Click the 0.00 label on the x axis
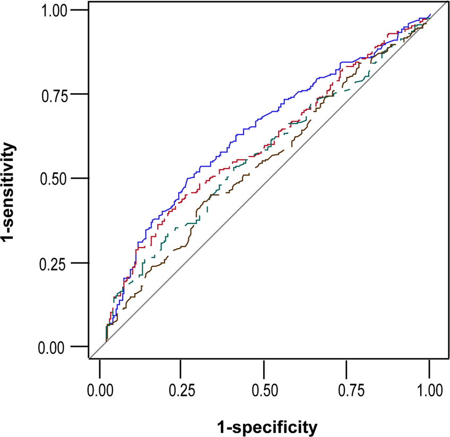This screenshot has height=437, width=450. coord(100,391)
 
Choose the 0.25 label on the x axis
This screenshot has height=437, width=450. coord(182,391)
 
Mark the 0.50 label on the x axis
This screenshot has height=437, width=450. coord(264,391)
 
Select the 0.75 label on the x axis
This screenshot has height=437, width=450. coord(347,391)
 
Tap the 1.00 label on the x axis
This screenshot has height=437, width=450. coord(429,391)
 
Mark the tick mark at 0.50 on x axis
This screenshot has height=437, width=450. coord(264,367)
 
